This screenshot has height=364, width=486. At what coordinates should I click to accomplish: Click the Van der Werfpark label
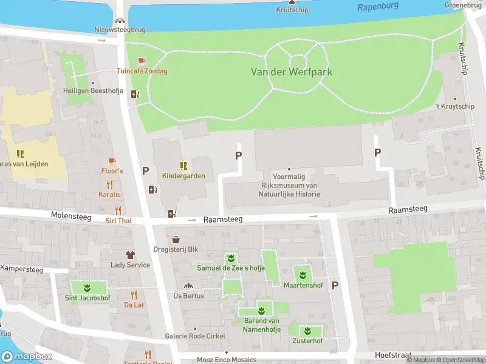pos(292,72)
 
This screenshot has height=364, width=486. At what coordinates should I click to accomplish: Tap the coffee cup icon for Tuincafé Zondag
pos(142,61)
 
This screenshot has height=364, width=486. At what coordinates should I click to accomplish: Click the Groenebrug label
pos(463,5)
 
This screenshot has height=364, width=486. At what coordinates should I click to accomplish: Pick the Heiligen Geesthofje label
pos(93,92)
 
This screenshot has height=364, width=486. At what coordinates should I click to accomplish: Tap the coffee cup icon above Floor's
pos(111,161)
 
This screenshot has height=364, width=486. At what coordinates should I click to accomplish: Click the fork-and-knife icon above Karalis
pos(110,184)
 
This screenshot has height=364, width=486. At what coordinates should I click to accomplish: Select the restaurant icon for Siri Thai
pos(118,211)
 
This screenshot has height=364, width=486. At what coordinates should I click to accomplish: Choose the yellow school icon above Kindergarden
pos(183,166)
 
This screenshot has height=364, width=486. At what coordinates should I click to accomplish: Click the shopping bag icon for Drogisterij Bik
pos(176,240)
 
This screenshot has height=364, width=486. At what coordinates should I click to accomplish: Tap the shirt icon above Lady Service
pos(129,255)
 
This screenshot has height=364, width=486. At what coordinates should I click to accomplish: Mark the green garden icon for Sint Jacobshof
pos(87,287)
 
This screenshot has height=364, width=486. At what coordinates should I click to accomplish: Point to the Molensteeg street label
pos(70,215)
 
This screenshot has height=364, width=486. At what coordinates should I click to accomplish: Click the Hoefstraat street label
pos(393,355)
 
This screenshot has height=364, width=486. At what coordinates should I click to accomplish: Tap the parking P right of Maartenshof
pos(334,285)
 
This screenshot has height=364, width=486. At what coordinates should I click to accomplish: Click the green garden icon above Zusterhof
pos(307,331)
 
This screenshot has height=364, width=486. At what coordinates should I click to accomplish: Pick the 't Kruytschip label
pos(454,107)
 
